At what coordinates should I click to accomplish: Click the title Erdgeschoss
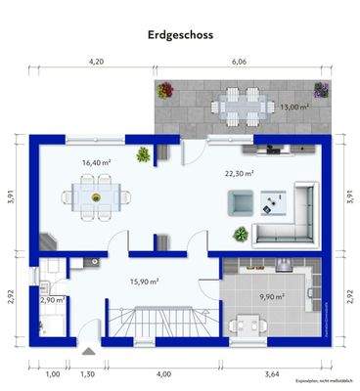click(180, 34)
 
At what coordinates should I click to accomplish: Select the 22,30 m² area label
click(239, 173)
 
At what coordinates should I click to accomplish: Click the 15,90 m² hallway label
click(145, 282)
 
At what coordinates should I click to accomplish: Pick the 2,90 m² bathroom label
click(52, 302)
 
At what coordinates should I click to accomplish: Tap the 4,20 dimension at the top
click(96, 62)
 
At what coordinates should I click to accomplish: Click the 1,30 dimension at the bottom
click(87, 374)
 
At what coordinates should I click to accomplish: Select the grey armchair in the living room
click(241, 201)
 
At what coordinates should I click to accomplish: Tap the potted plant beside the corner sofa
click(239, 232)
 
